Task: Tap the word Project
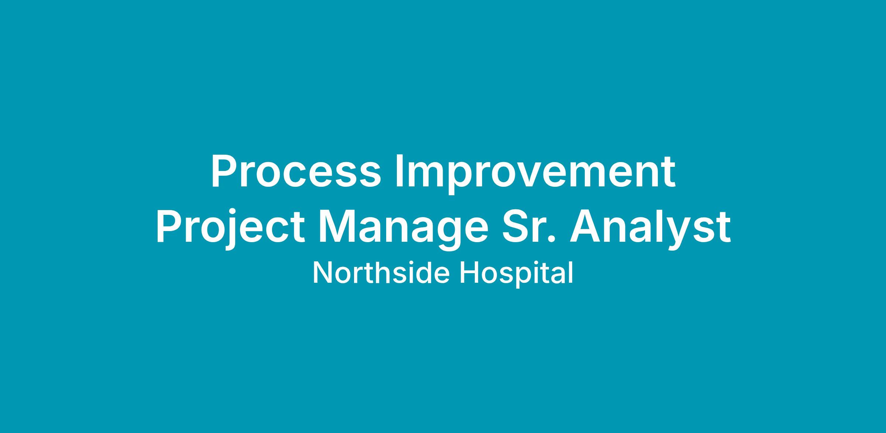pyautogui.click(x=230, y=228)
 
